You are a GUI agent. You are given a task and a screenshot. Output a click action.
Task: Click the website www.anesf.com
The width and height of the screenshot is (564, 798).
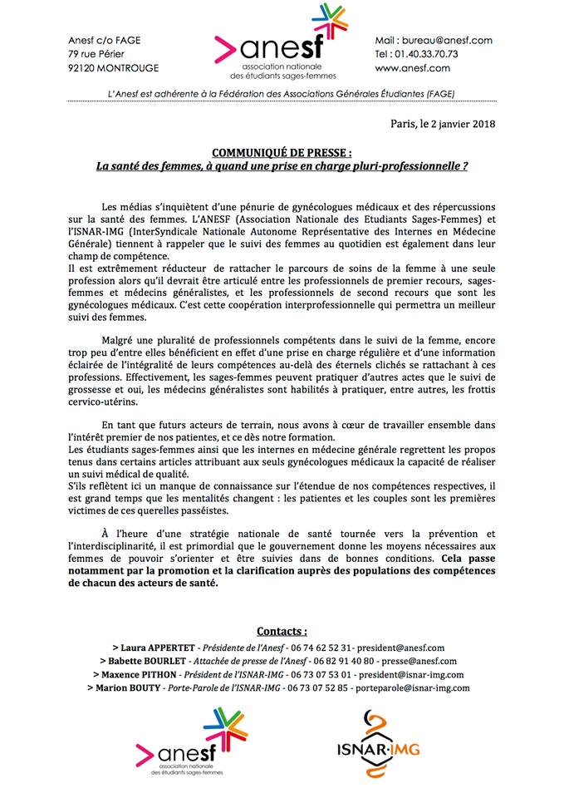point(413,68)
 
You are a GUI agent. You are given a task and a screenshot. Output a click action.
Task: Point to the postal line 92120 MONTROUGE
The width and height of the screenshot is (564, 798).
point(114,68)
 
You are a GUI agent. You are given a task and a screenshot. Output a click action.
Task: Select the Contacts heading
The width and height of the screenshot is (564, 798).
point(282,631)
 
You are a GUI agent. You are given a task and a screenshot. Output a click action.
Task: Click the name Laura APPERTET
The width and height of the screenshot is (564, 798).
point(158,647)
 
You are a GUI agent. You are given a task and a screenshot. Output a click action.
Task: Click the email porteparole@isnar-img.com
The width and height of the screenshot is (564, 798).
point(412,688)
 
